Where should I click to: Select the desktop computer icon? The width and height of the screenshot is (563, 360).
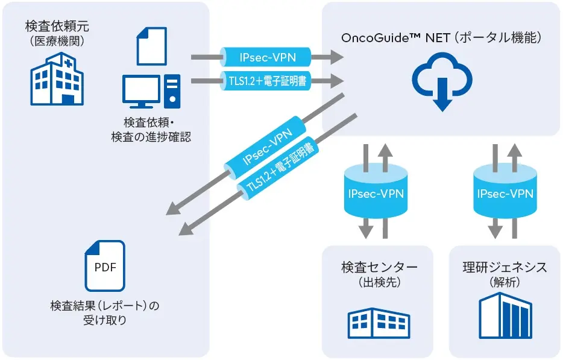pos(151,90)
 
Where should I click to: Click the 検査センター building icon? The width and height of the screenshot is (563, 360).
pos(377,324)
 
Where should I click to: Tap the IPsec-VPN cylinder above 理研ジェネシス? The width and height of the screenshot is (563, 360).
pos(505,194)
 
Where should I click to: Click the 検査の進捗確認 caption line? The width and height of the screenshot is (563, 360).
pos(151,137)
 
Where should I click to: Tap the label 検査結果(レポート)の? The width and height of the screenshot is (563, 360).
pos(105,306)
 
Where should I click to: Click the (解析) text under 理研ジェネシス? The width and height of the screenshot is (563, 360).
pos(505,282)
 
